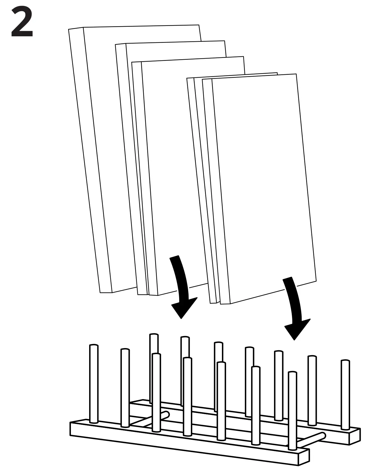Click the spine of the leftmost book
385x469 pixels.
[90, 158]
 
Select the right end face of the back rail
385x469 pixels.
[354, 437]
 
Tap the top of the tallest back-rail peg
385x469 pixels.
[154, 335]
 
